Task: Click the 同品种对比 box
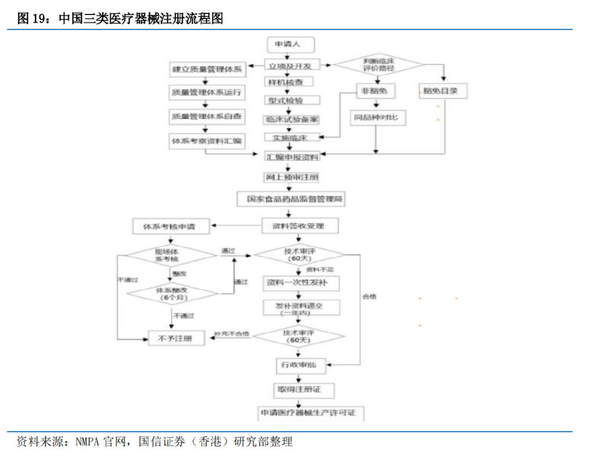click(378, 118)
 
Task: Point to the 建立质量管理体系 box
click(206, 70)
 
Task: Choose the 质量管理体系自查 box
click(206, 117)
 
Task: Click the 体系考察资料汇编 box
click(206, 141)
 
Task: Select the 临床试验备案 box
click(291, 119)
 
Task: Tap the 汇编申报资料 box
click(292, 157)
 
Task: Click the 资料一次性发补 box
click(300, 283)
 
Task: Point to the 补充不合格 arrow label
click(231, 335)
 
